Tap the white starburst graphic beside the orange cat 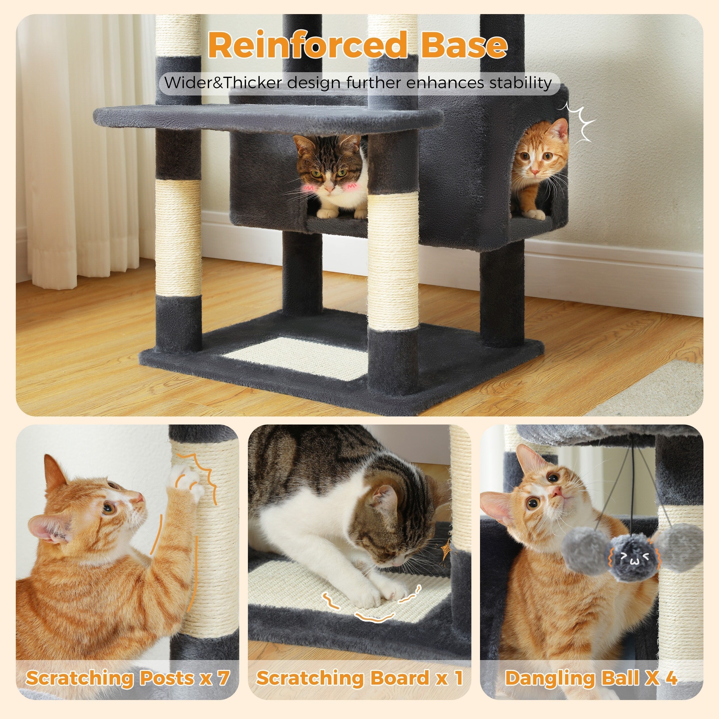point(580,123)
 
